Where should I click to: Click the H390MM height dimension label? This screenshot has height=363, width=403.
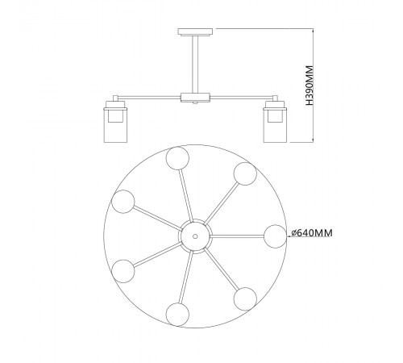point(310,85)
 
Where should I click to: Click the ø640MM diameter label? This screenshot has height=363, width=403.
point(312,233)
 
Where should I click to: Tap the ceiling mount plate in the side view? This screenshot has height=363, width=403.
point(195,32)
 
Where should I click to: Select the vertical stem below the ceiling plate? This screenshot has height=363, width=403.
point(195,65)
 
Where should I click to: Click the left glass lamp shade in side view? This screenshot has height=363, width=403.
point(116,125)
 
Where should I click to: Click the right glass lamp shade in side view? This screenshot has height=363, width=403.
point(275,125)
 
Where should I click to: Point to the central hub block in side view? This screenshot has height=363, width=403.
point(195,98)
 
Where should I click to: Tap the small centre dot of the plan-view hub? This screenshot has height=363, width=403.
point(195,236)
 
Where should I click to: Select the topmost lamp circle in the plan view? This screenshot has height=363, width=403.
point(177,158)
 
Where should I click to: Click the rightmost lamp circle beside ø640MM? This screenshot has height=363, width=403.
point(276,236)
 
